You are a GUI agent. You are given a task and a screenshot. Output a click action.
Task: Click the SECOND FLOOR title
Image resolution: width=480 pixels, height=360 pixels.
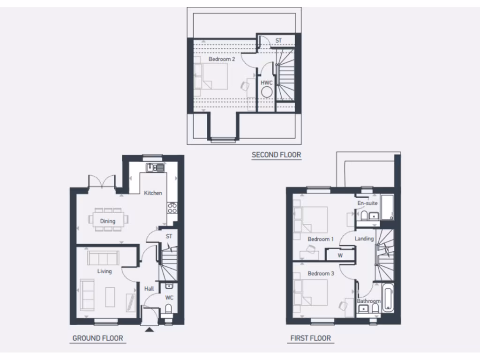[x=276, y=155]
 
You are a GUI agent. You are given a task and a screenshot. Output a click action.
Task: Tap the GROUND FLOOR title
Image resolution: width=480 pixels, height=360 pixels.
[x=97, y=338]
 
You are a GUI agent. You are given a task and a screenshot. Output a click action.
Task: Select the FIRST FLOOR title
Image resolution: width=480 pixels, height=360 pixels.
[x=310, y=338]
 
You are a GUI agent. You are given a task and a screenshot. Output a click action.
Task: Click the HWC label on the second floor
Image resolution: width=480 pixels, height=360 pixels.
[x=267, y=82]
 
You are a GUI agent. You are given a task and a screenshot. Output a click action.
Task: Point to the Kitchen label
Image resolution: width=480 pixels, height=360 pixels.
[x=153, y=193]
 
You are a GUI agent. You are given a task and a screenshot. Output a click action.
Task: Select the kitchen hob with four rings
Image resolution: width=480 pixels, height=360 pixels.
[x=172, y=208]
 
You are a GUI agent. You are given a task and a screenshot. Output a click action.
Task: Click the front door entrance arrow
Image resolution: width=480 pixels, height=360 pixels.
[x=150, y=330]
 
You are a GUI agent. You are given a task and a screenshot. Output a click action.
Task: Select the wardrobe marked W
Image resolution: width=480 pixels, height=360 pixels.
[x=340, y=255]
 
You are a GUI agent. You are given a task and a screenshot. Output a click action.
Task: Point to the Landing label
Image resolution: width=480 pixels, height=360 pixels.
[x=364, y=239]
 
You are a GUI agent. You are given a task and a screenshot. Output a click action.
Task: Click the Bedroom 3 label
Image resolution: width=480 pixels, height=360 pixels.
[x=321, y=273]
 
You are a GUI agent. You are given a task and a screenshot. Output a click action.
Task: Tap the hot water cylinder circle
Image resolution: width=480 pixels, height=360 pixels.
[x=267, y=92]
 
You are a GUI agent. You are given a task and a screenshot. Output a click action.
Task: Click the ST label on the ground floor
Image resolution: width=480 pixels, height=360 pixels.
[x=169, y=237]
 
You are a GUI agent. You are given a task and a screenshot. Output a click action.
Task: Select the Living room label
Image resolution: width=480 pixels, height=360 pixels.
[x=104, y=271]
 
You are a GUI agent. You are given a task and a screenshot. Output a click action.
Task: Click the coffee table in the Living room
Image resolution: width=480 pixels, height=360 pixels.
[x=110, y=296]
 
